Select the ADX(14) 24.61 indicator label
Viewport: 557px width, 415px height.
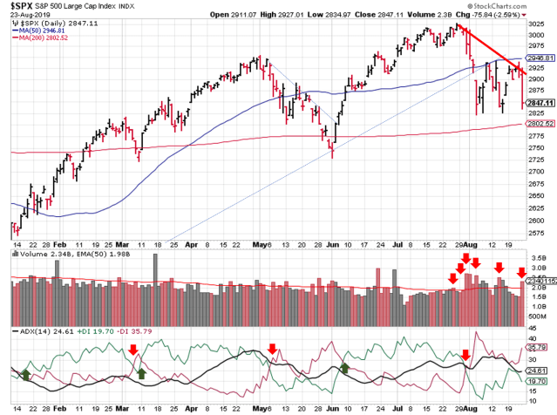click(x=35, y=331)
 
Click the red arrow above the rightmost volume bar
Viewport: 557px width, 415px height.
click(x=523, y=273)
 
